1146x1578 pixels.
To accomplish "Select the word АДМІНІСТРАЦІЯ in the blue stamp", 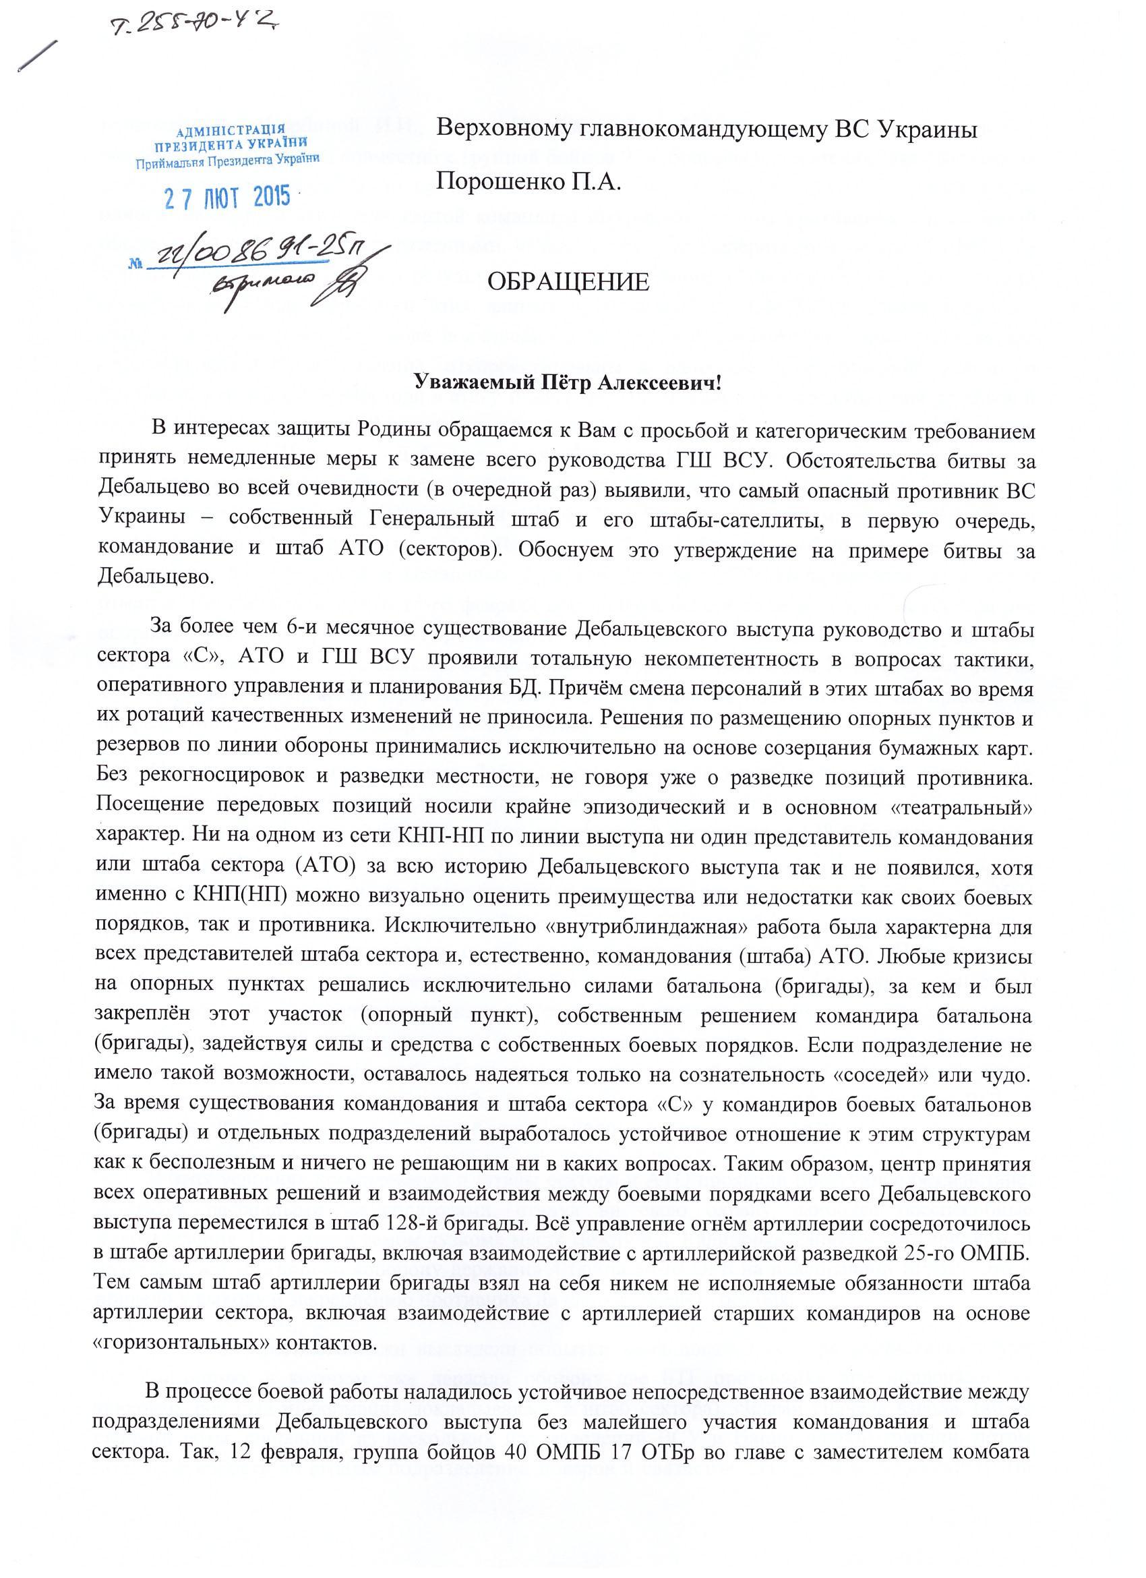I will (x=230, y=131).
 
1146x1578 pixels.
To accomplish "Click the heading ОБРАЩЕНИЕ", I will (x=568, y=282).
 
